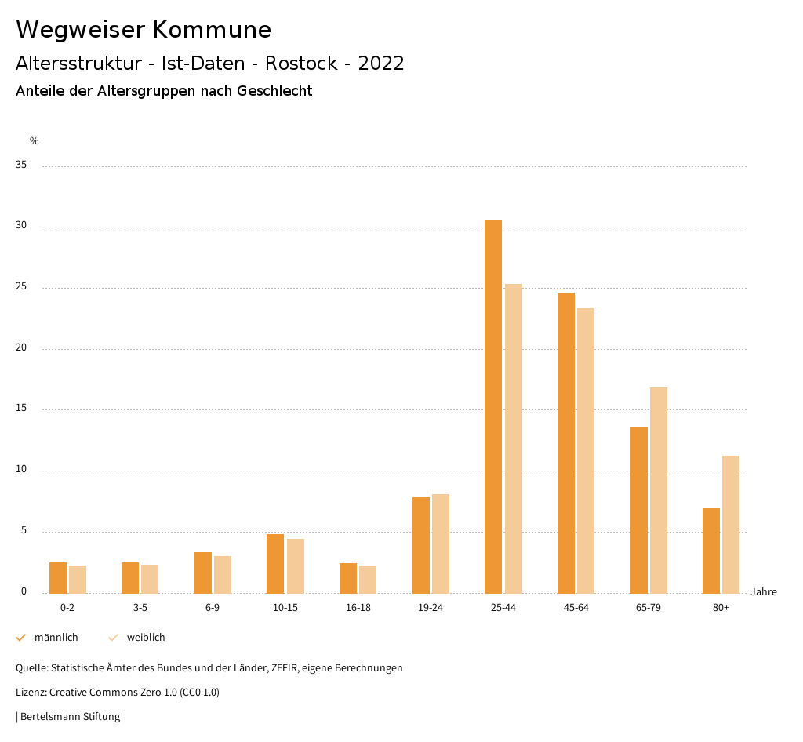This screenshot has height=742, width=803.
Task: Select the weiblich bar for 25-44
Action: pos(514,438)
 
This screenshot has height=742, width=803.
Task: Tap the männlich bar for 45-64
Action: pos(566,442)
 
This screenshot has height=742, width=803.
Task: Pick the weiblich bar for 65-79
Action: pos(659,490)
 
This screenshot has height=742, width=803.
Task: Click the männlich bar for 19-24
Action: pos(421,545)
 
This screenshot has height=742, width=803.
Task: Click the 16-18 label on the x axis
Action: pos(358,608)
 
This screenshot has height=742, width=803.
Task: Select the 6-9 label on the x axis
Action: pos(213,608)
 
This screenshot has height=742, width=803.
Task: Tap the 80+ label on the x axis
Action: pos(721,608)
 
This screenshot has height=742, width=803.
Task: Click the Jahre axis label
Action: pos(763,592)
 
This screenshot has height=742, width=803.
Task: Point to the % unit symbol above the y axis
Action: pos(35,141)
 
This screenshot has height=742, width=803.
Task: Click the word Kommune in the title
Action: pos(212,30)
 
